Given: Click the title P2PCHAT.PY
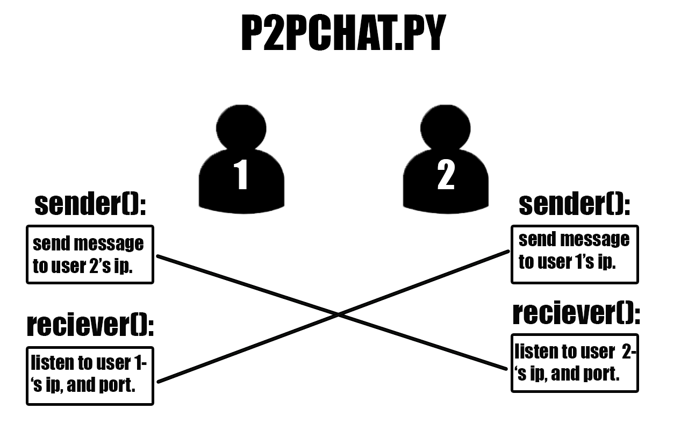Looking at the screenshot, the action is (343, 34).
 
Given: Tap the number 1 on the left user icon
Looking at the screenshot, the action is (241, 175).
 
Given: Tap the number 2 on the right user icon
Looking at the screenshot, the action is (446, 175).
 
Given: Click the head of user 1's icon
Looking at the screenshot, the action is (241, 126).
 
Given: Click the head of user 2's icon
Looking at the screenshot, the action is (446, 126).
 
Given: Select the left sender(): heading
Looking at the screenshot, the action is (90, 204).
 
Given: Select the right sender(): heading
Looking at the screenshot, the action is (574, 204).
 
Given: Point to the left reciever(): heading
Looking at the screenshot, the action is (90, 326).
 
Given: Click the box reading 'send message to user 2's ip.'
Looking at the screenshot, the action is (90, 254).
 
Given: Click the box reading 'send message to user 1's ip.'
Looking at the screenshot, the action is (574, 254).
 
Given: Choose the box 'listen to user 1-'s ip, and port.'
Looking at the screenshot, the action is (90, 376).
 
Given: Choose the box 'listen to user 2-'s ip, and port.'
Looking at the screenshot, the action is (574, 363).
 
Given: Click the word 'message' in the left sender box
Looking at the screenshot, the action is (109, 244).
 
